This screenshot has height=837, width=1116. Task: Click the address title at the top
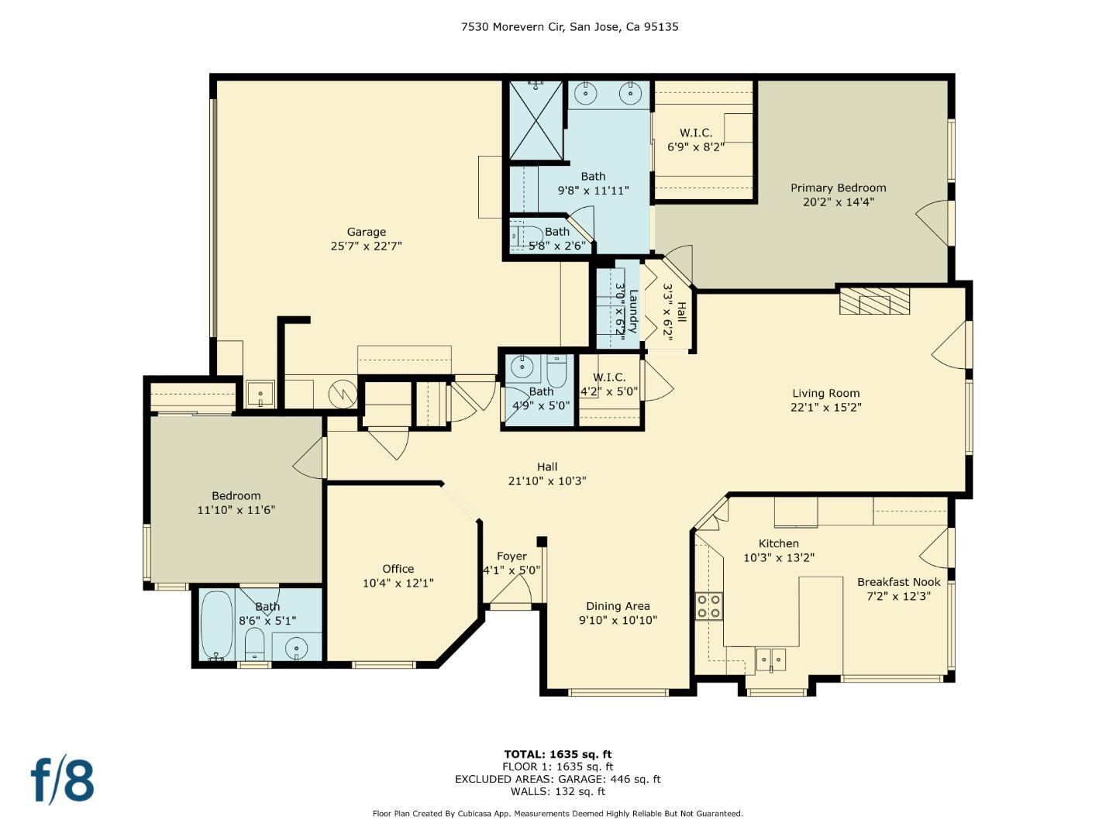(x=570, y=26)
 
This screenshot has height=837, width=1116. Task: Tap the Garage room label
(x=366, y=232)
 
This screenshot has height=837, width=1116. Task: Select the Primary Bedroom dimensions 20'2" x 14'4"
(x=838, y=202)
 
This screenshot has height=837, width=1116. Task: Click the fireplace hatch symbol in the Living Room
(x=874, y=301)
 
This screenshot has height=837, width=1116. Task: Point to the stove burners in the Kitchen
(x=708, y=605)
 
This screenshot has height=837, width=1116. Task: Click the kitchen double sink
(x=771, y=660)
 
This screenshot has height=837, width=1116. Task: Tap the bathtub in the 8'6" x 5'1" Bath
(x=216, y=625)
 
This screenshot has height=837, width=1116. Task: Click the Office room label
(x=398, y=569)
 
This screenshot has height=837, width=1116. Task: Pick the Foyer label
(x=511, y=556)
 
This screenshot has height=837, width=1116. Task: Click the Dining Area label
(x=618, y=606)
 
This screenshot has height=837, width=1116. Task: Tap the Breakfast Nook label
(x=898, y=582)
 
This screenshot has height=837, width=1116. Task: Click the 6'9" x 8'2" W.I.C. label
(x=695, y=133)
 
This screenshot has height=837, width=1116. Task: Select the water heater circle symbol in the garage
(x=341, y=393)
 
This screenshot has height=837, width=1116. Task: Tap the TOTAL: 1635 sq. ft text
(x=557, y=754)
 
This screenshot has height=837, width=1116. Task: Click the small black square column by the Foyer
(x=542, y=542)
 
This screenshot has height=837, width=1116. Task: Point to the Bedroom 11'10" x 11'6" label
(x=236, y=496)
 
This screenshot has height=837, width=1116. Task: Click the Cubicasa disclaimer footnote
(x=557, y=814)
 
